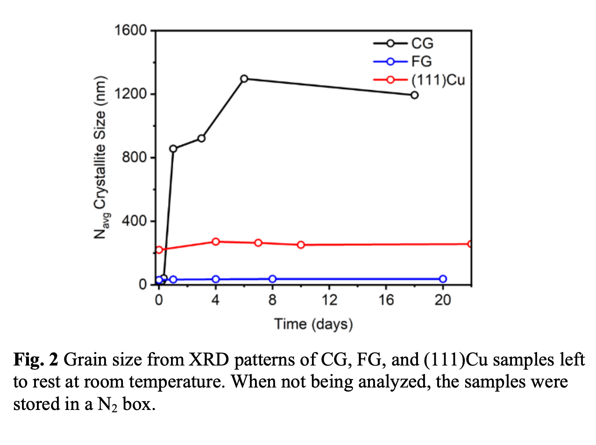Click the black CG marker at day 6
click(244, 79)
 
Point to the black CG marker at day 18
click(414, 95)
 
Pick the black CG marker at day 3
click(201, 138)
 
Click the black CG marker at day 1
click(173, 149)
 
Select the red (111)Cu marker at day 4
click(216, 242)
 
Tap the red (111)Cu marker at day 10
click(301, 244)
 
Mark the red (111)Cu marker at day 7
click(258, 243)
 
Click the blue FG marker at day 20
click(443, 279)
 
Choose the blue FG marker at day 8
click(272, 279)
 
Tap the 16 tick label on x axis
click(386, 300)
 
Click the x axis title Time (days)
click(313, 323)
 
